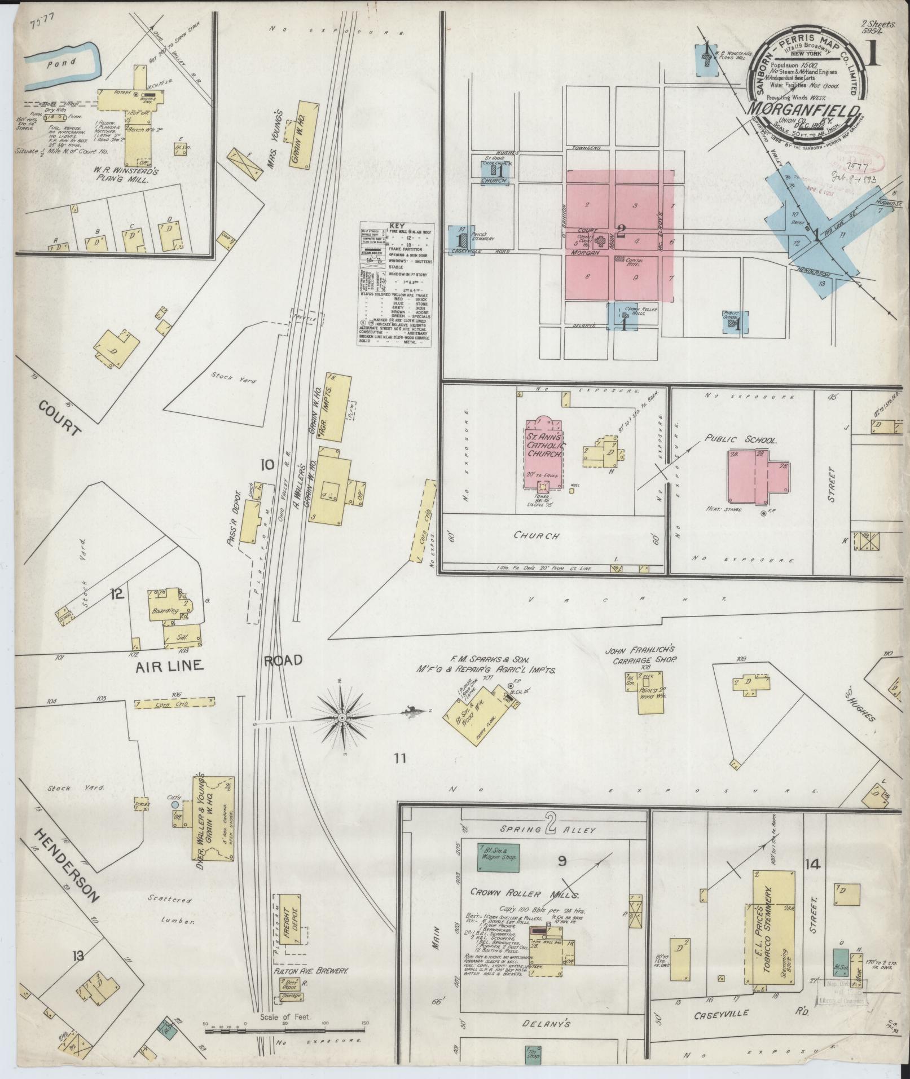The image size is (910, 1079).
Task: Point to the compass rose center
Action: (x=342, y=717)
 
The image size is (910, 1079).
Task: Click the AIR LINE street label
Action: (x=169, y=666)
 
